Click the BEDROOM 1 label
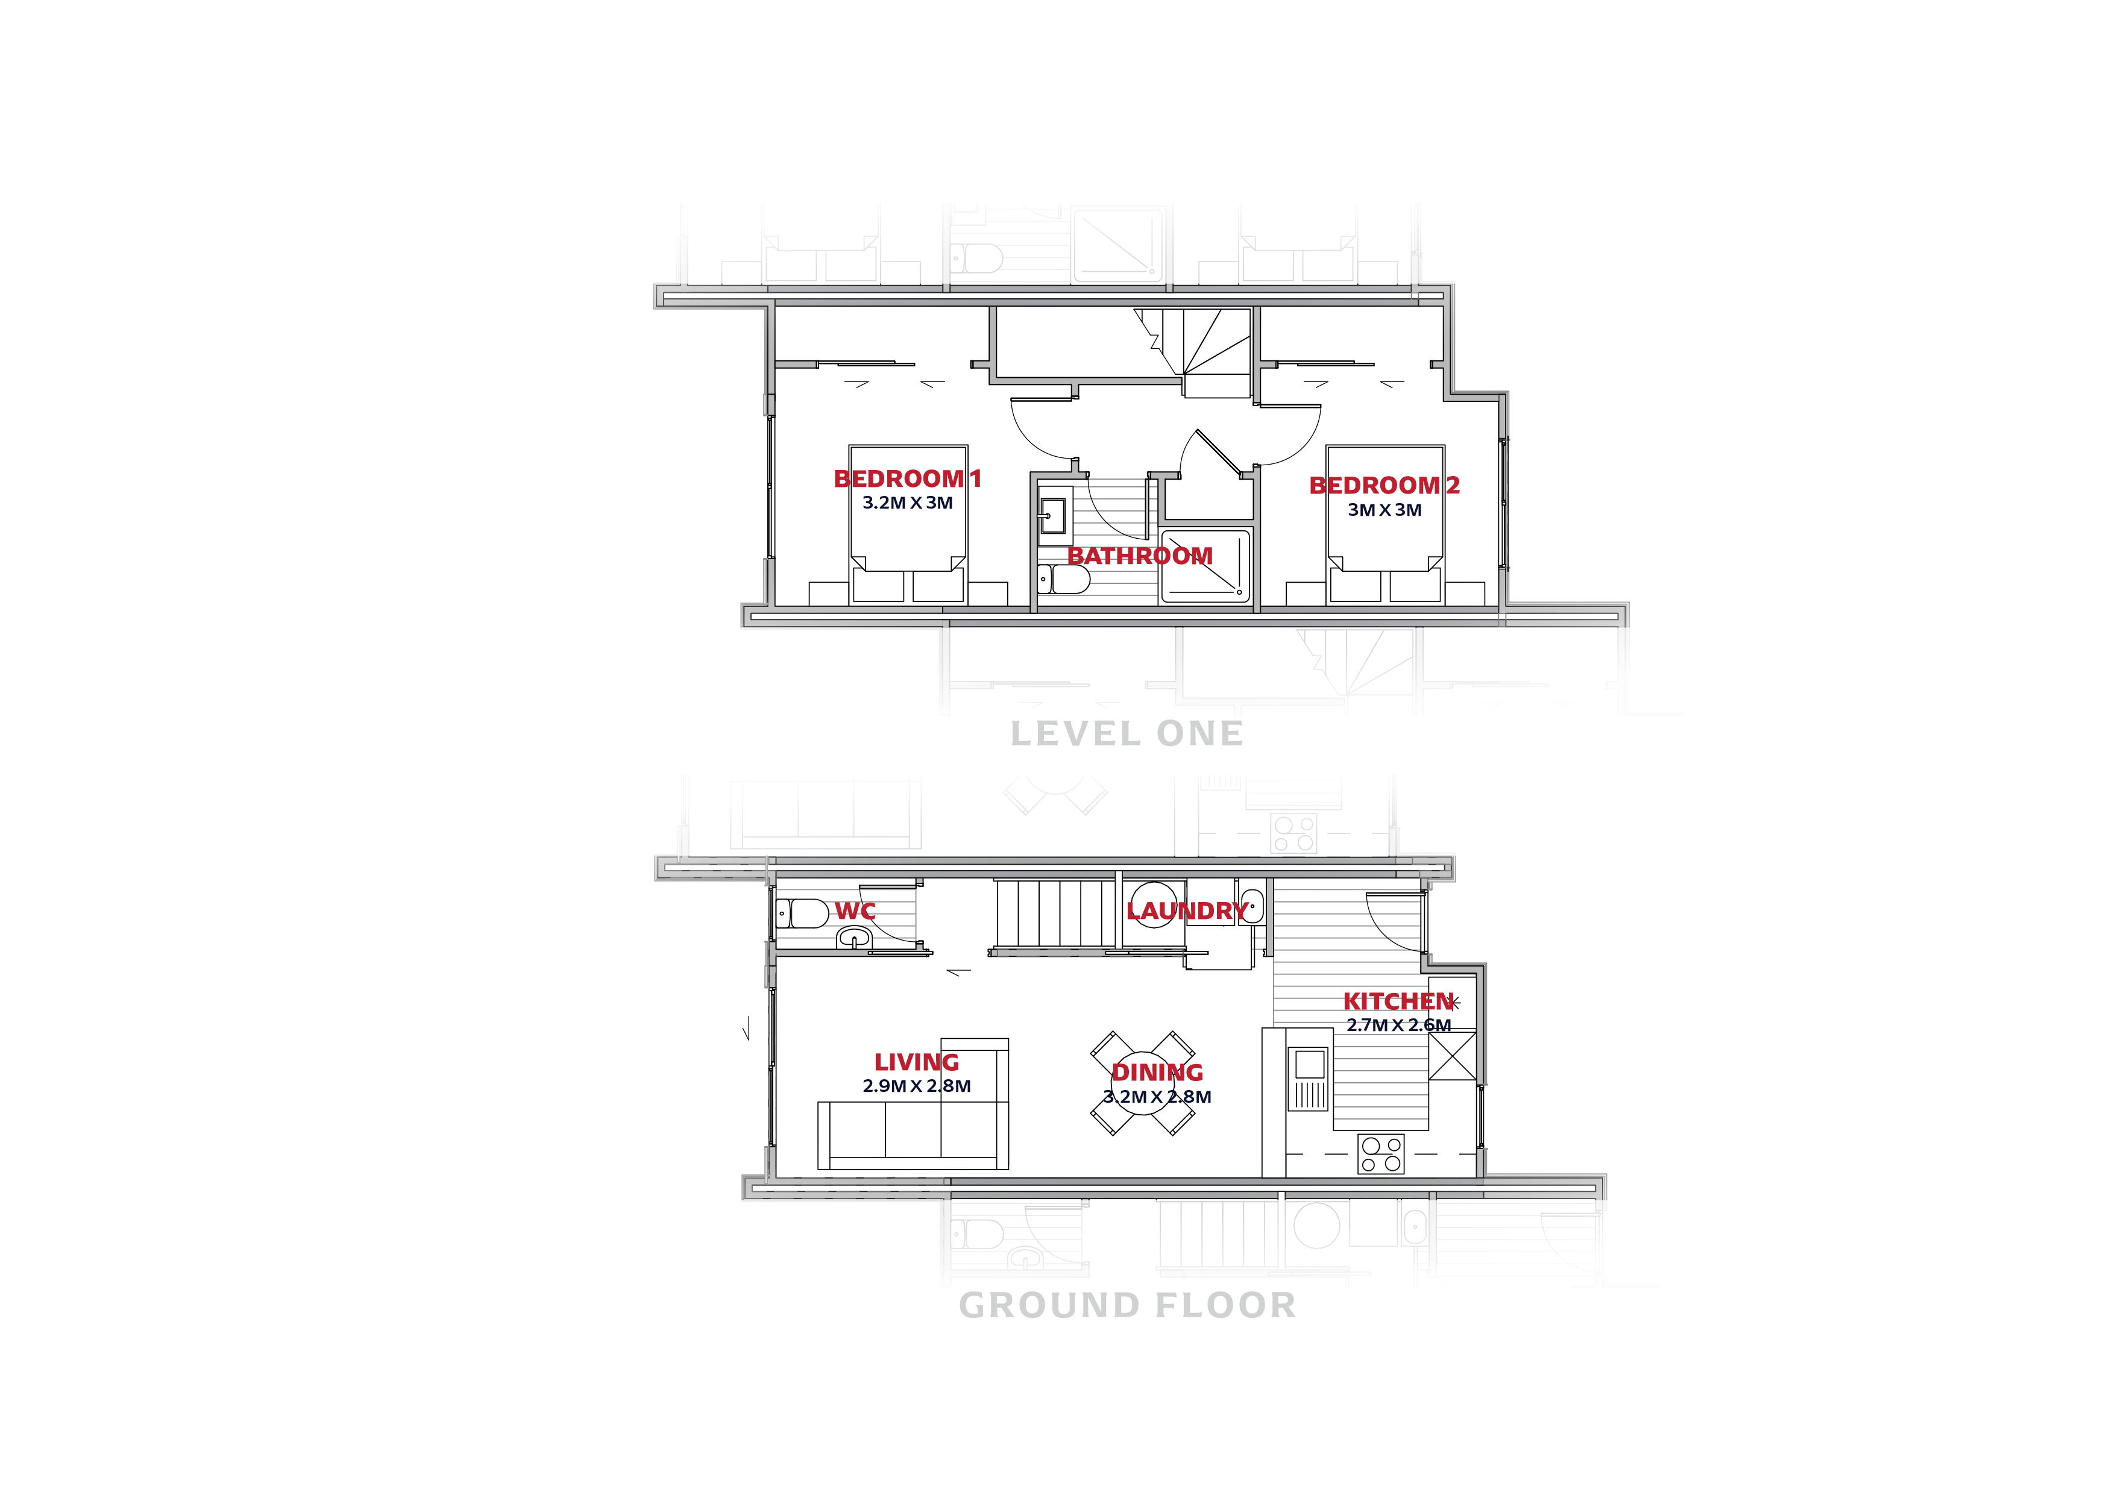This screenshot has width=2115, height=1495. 907,479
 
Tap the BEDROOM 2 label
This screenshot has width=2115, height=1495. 1384,486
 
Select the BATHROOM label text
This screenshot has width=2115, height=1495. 1140,556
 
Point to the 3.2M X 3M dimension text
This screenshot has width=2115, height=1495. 907,503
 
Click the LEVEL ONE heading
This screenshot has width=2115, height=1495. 1127,734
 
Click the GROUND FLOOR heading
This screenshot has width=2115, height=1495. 1127,1305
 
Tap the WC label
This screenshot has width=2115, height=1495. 855,911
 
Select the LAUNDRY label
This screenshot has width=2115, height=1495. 1186,911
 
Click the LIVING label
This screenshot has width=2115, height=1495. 917,1063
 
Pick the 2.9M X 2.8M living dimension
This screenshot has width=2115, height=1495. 917,1086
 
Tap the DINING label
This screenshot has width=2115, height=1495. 1157,1072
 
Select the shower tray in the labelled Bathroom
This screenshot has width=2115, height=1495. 1205,566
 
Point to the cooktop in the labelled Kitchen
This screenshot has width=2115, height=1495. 1381,1153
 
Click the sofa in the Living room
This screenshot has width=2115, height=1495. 912,1133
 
